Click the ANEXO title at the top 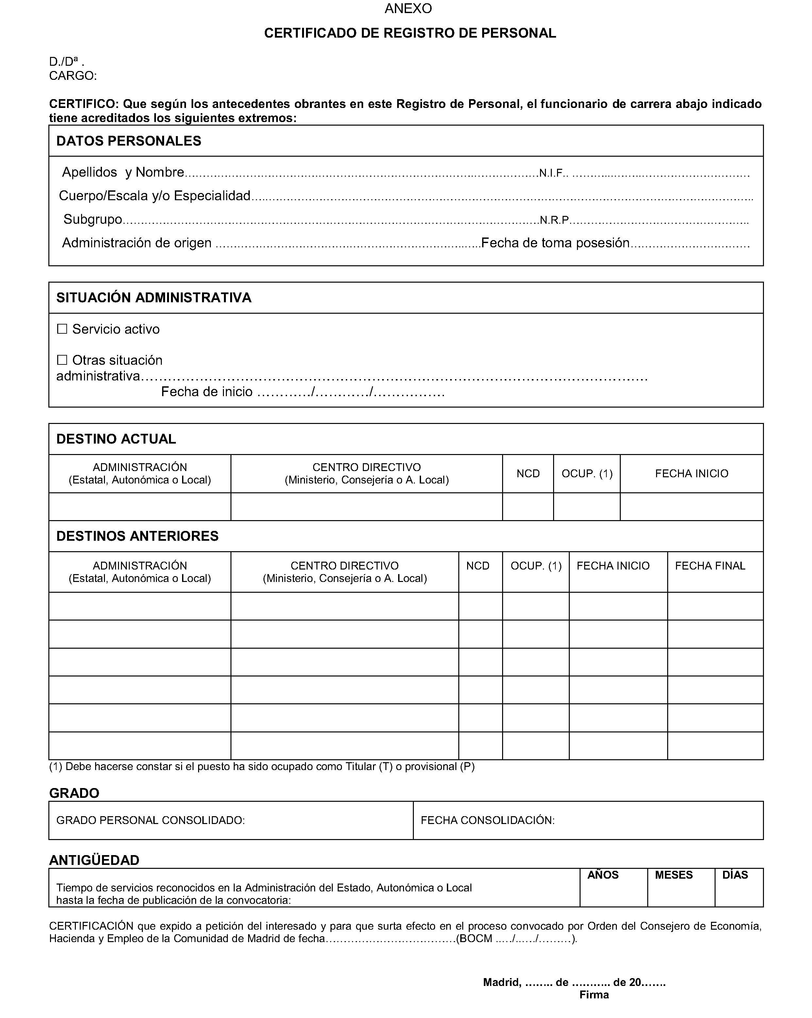click(408, 9)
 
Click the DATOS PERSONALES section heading click(128, 141)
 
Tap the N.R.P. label click(554, 220)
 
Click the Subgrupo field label click(93, 219)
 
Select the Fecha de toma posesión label click(555, 243)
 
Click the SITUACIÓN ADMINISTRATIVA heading click(154, 297)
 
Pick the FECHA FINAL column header click(710, 566)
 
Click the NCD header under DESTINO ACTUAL click(528, 474)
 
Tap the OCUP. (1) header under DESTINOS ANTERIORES click(536, 566)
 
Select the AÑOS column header click(603, 875)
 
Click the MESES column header click(674, 875)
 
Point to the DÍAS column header click(735, 875)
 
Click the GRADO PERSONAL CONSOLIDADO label click(150, 820)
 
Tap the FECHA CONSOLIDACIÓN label click(487, 820)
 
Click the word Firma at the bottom click(594, 995)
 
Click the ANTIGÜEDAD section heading click(94, 860)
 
